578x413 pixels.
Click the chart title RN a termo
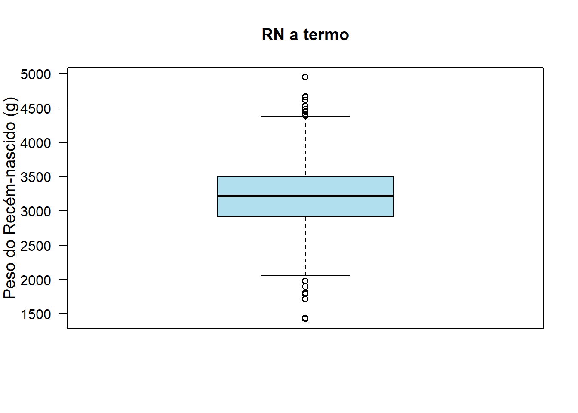pyautogui.click(x=305, y=34)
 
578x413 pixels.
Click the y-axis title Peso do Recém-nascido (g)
pyautogui.click(x=10, y=198)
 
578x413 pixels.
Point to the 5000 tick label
pyautogui.click(x=36, y=74)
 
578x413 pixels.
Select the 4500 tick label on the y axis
pyautogui.click(x=36, y=109)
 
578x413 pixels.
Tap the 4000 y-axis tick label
pyautogui.click(x=36, y=143)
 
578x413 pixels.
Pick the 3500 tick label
pyautogui.click(x=36, y=177)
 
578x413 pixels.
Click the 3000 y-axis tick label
pyautogui.click(x=36, y=212)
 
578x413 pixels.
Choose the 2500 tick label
pyautogui.click(x=36, y=246)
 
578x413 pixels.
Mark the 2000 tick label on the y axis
pyautogui.click(x=36, y=280)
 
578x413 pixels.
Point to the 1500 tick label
pyautogui.click(x=36, y=314)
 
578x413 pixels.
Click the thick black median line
pyautogui.click(x=305, y=196)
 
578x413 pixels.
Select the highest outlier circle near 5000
pyautogui.click(x=305, y=77)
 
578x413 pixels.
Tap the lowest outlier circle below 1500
pyautogui.click(x=305, y=318)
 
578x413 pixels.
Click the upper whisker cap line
pyautogui.click(x=305, y=116)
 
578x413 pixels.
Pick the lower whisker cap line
pyautogui.click(x=305, y=276)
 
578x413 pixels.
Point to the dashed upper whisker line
pyautogui.click(x=305, y=146)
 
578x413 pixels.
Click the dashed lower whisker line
pyautogui.click(x=305, y=246)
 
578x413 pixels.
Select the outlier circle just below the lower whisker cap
pyautogui.click(x=305, y=281)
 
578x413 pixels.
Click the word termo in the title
pyautogui.click(x=326, y=34)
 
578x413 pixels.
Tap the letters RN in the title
pyautogui.click(x=273, y=34)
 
